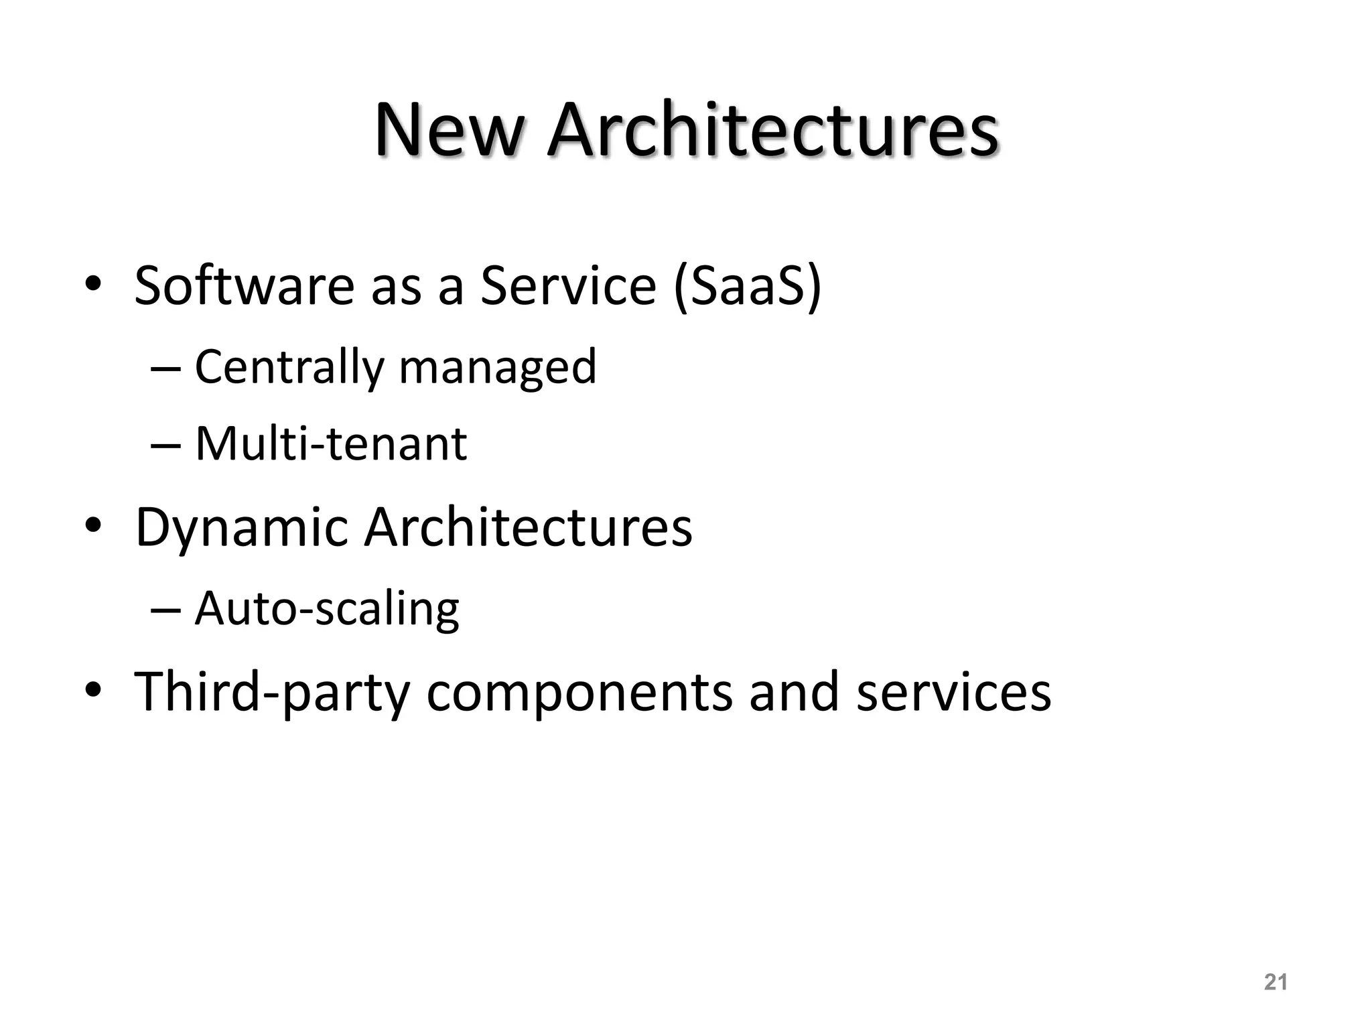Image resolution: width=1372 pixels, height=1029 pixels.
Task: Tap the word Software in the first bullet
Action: [x=244, y=285]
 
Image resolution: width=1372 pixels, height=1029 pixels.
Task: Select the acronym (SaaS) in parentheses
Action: [x=747, y=287]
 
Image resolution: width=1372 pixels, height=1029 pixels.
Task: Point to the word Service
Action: [x=568, y=285]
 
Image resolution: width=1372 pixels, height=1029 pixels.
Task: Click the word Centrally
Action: [x=289, y=367]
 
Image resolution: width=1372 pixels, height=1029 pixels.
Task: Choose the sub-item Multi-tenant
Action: [x=330, y=443]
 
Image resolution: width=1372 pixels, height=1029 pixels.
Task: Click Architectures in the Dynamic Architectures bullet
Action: [x=528, y=527]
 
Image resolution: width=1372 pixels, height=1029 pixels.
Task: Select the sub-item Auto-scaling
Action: [x=327, y=610]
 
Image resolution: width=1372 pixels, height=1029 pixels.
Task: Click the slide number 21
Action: [x=1276, y=982]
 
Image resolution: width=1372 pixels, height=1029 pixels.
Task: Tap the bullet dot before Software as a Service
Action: [x=92, y=285]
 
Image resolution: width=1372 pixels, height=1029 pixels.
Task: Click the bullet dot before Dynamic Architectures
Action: [x=92, y=527]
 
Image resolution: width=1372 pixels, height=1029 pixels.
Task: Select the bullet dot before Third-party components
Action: [x=92, y=690]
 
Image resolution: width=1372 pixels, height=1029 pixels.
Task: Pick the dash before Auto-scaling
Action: [x=166, y=610]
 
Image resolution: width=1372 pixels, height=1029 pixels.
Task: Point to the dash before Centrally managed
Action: [x=166, y=367]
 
